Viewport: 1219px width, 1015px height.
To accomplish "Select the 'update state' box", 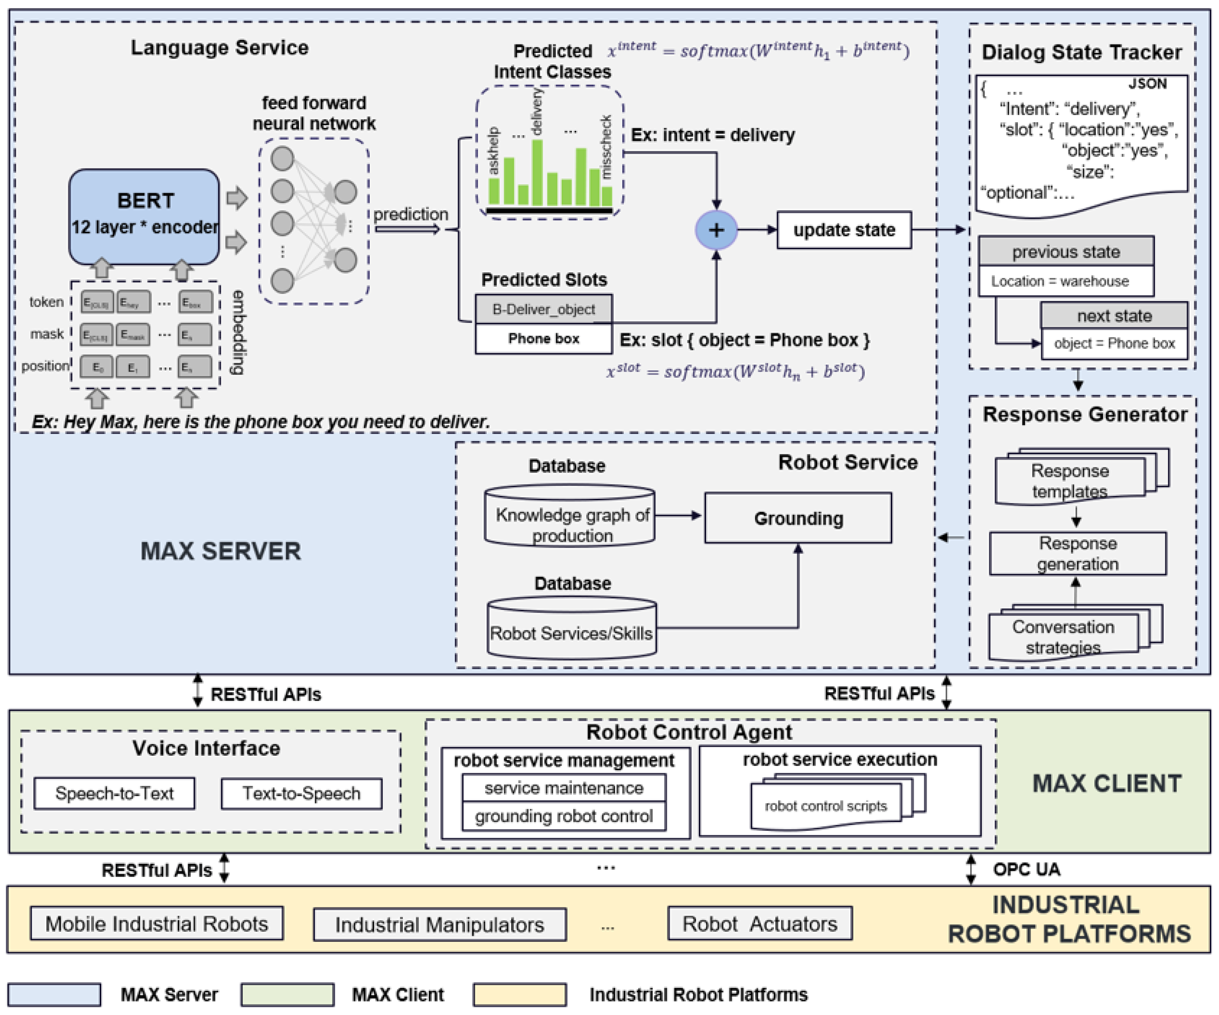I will (844, 230).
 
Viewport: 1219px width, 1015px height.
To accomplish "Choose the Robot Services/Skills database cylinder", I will (571, 630).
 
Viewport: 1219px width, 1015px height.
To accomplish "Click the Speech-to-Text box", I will (114, 793).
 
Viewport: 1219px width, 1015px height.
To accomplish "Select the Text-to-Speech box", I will (301, 793).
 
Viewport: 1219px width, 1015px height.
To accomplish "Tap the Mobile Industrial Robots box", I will (157, 923).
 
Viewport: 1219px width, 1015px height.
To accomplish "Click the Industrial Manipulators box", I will (439, 924).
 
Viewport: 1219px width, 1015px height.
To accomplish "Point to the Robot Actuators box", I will (759, 923).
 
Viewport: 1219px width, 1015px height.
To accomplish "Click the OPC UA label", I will (1026, 869).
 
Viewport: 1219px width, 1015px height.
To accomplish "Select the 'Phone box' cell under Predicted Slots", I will (543, 339).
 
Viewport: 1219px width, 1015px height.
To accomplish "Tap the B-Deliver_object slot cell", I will (543, 309).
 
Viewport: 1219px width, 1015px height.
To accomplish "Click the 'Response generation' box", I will (1077, 553).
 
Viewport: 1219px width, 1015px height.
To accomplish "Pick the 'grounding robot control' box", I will (564, 816).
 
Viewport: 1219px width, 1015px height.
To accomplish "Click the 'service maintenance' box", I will (564, 787).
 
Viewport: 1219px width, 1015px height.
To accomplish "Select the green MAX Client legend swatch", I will (288, 994).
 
